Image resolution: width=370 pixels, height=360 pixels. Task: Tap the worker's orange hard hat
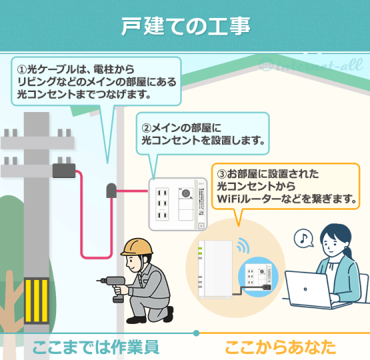[137, 247]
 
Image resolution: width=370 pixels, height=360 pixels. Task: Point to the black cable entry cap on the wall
[111, 191]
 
